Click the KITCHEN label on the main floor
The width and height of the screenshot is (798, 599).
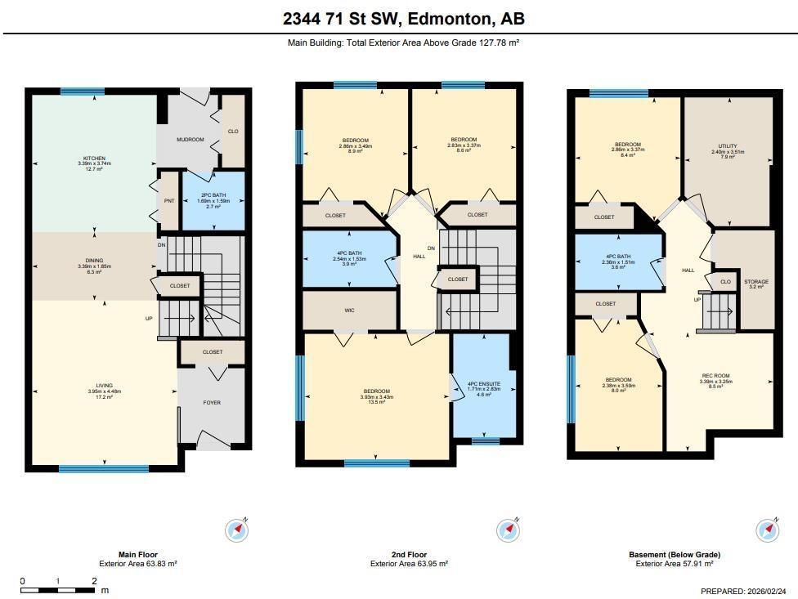(x=94, y=159)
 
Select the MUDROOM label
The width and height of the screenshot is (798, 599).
(x=191, y=140)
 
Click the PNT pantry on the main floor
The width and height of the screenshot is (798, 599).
(x=169, y=200)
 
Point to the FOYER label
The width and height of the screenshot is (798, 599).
(x=212, y=403)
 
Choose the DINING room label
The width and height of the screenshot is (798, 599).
(x=94, y=261)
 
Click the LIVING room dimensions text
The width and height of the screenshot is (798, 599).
(x=104, y=391)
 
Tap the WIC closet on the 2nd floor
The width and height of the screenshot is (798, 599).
(x=349, y=311)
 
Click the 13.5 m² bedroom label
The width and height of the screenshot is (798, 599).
(x=377, y=397)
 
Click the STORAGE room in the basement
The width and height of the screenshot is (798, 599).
(x=755, y=282)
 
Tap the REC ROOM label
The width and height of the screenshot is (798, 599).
(x=715, y=376)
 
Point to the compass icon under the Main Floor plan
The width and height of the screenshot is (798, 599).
(x=236, y=530)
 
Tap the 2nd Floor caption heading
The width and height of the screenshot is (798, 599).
(x=409, y=555)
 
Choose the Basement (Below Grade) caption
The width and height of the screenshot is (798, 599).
(x=675, y=555)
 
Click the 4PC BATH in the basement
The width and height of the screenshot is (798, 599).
(x=618, y=261)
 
